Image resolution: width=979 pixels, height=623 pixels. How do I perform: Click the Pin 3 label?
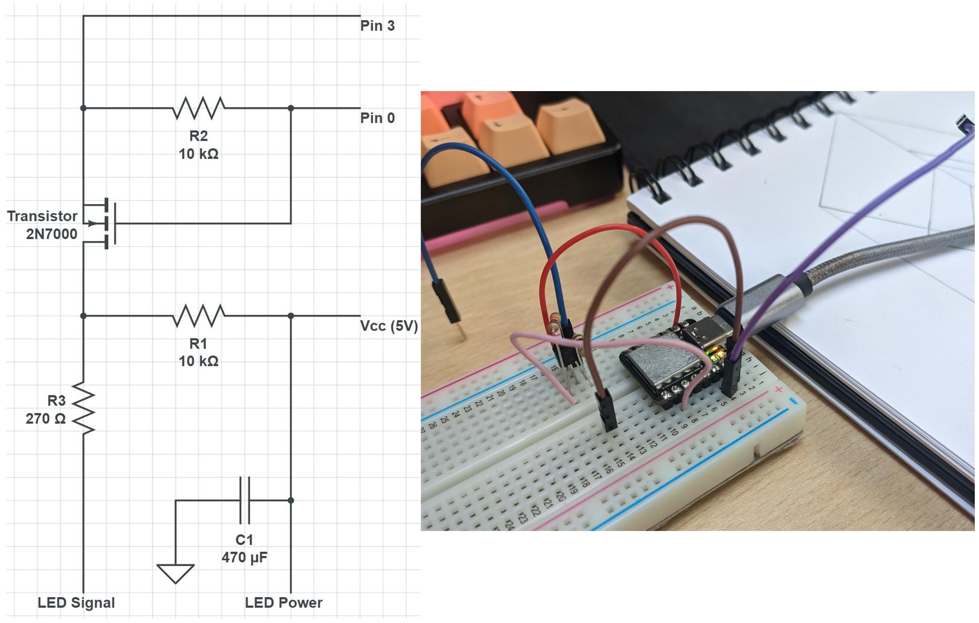coord(377,26)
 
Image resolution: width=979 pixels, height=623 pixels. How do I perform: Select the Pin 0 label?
coord(377,118)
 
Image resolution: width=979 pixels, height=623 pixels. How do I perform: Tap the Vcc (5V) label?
coord(388,326)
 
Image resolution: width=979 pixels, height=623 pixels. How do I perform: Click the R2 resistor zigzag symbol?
coord(198,108)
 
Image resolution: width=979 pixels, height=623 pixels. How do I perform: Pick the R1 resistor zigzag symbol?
coord(198,315)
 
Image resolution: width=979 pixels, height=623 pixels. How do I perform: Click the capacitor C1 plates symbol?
coord(244,500)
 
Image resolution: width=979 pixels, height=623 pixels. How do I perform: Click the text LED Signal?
coord(76,603)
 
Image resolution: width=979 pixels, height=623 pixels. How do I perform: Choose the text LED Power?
coord(283,603)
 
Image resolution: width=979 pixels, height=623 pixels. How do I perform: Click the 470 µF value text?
coord(244,558)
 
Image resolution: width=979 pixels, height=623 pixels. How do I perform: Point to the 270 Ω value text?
coord(46,418)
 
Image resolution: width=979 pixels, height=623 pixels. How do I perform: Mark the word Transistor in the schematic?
coord(42,216)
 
